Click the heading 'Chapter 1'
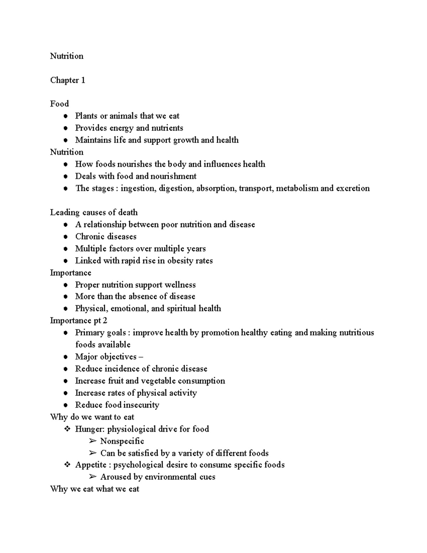68,80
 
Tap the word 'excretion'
353,188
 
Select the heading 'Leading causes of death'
94,213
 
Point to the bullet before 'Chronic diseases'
65,237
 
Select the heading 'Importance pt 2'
78,320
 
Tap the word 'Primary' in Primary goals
88,333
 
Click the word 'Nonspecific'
122,441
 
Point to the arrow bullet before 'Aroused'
93,477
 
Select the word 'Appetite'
91,465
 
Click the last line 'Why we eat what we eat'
94,489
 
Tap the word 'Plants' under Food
86,116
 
